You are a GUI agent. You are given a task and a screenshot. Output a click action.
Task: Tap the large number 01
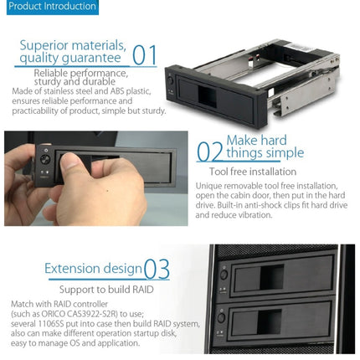click(145, 55)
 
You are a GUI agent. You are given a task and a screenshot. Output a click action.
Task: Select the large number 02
click(209, 152)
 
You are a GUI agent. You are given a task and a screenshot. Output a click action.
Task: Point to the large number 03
click(157, 269)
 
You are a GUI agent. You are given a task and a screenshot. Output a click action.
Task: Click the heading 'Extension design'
click(92, 269)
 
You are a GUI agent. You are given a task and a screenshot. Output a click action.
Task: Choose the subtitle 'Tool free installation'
click(252, 170)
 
